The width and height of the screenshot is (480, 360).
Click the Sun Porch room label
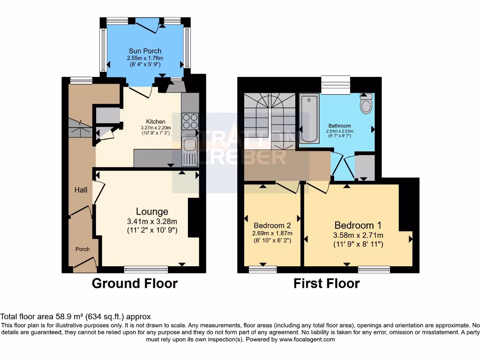point(145,51)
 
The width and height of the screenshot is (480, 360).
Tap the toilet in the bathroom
point(366,104)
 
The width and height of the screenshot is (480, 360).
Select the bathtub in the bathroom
point(309,118)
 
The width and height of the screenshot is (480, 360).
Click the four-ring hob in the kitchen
point(190,121)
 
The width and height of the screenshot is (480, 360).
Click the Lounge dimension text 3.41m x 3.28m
point(152,222)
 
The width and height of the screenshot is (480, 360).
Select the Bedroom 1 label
point(354,225)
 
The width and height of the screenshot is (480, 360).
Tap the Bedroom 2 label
point(272,224)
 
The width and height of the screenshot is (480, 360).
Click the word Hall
point(81,190)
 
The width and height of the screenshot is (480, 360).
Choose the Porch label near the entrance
point(82,249)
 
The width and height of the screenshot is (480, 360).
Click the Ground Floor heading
point(135,284)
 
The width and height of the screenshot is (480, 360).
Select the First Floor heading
point(326,284)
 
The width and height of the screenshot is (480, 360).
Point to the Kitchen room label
point(155,122)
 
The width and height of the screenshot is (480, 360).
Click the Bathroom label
point(339,126)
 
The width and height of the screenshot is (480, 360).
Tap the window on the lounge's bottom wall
point(146,269)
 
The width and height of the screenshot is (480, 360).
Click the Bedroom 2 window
point(262,269)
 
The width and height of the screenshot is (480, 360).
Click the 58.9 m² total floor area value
point(58,317)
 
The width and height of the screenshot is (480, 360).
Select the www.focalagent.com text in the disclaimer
point(307,339)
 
